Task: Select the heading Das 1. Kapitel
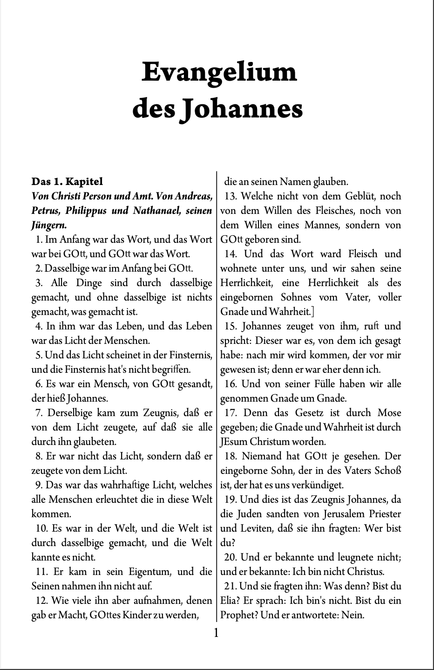(x=67, y=181)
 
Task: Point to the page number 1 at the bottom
(x=216, y=633)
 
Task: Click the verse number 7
(x=39, y=413)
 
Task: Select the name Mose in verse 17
(x=389, y=413)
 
